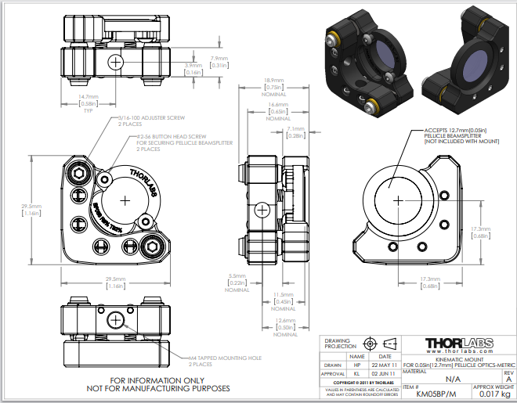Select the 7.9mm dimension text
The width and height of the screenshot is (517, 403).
point(219,58)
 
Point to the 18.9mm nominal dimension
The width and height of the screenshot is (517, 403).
point(273,81)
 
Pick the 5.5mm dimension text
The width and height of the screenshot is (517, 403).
point(237,275)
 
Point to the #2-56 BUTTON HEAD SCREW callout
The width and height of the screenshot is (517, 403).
point(182,136)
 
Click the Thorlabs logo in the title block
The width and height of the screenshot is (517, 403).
point(458,345)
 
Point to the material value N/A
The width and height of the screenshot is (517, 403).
point(442,378)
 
